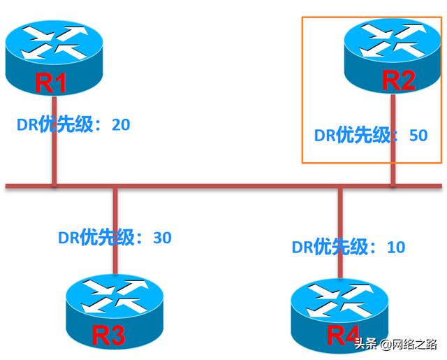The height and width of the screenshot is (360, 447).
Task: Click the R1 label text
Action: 51,83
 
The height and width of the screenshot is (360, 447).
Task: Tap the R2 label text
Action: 399,80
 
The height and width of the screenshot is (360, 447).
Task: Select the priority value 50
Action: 417,135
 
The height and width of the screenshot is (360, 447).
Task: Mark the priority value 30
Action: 161,238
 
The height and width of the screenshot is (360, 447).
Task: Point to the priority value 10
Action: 395,247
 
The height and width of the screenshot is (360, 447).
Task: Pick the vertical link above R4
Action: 340,224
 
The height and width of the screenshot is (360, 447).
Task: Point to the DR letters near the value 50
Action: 325,135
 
